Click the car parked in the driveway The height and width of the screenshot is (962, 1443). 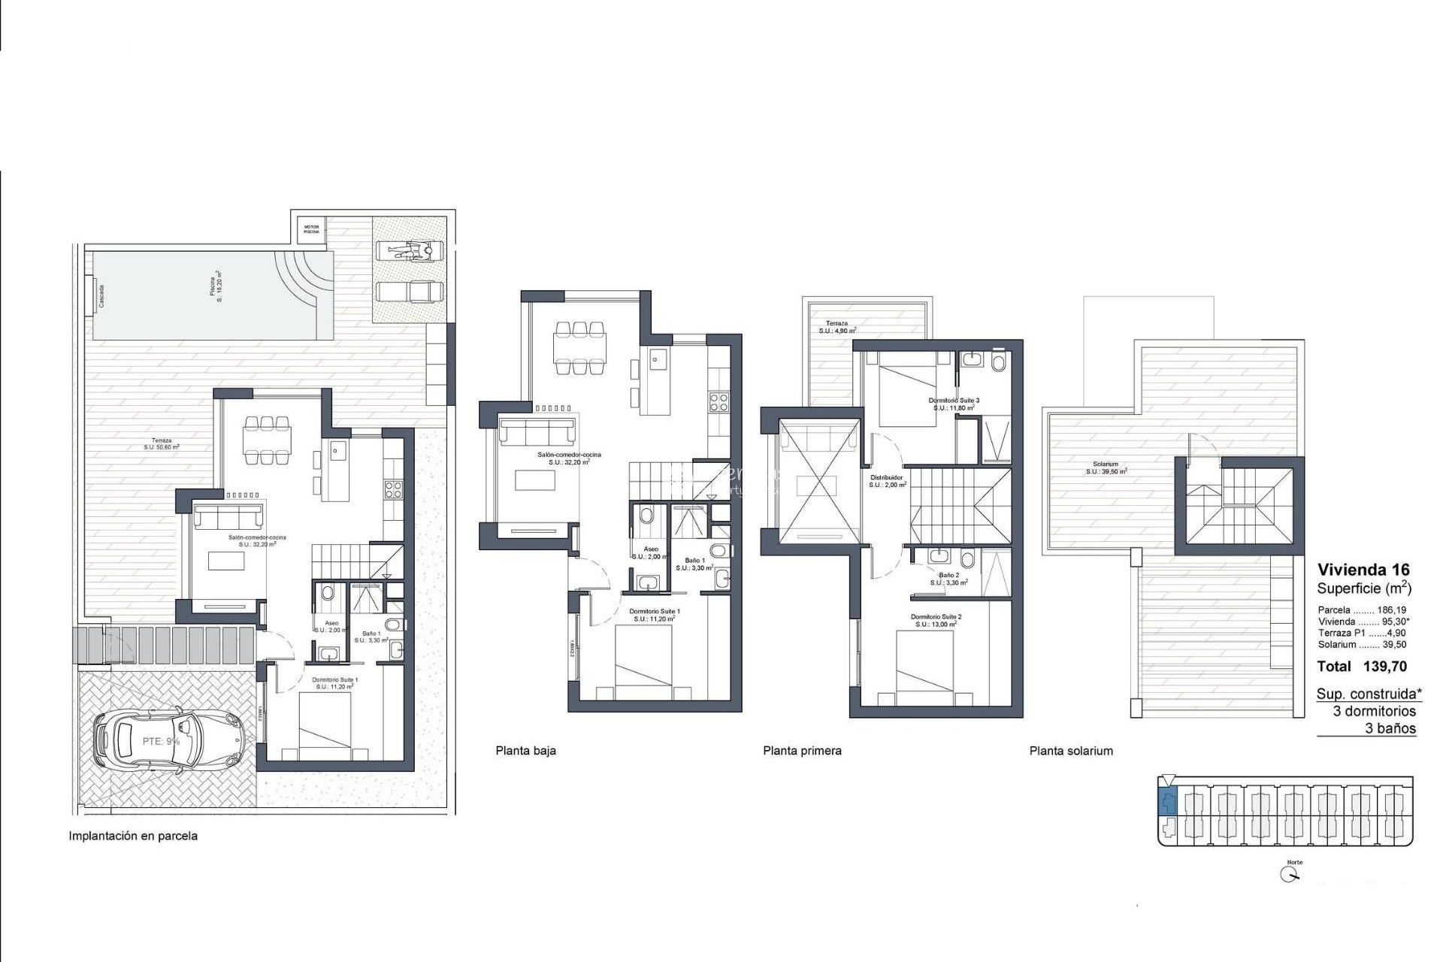(169, 741)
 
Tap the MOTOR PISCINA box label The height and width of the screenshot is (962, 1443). (311, 228)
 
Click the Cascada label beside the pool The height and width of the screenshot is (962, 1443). (101, 296)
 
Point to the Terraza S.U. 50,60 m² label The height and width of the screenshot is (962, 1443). (162, 443)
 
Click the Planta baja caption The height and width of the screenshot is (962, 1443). (525, 751)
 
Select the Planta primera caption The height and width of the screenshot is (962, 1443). (802, 751)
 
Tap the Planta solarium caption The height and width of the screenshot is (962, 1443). (1071, 751)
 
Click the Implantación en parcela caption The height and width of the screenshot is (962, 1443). (133, 836)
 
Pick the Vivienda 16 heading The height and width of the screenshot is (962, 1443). (1363, 570)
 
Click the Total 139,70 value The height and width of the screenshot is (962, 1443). (1362, 666)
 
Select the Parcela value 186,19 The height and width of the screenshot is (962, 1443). (1391, 610)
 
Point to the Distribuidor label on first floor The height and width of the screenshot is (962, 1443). (887, 481)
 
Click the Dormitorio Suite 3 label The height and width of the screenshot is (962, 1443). (954, 404)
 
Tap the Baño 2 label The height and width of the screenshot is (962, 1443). (948, 579)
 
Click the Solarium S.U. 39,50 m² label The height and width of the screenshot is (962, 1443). (1106, 468)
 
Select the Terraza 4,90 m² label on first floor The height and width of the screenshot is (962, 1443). (836, 327)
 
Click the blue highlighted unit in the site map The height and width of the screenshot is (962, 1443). (1167, 803)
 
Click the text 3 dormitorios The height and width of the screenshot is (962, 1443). (1374, 711)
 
